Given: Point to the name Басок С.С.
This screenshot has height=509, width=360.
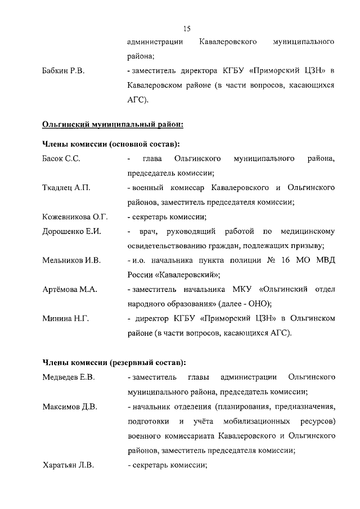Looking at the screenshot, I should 61,159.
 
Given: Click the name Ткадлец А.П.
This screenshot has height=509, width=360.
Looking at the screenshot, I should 66,188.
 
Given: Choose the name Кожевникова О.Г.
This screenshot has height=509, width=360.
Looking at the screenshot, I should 75,217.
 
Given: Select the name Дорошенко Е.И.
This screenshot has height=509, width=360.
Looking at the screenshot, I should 71,231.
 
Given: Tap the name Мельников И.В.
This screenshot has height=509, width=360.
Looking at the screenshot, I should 71,260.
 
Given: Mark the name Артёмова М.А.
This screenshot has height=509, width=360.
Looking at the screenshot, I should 70,290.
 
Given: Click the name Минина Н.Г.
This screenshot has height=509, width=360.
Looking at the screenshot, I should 65,319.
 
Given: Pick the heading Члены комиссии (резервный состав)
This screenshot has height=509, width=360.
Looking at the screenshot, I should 114,362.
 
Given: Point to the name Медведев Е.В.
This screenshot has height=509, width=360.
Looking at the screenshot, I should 68,377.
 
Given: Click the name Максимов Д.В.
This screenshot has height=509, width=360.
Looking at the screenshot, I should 70,406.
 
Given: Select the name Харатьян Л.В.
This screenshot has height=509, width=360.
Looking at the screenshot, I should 68,465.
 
